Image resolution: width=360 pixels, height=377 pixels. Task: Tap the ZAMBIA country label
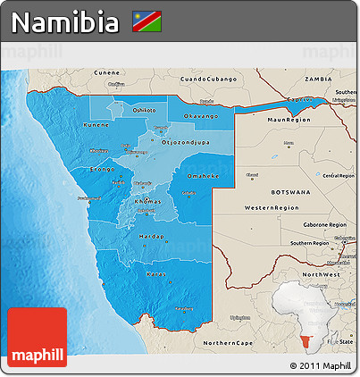(x=318, y=78)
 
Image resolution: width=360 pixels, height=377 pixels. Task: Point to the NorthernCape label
(x=229, y=342)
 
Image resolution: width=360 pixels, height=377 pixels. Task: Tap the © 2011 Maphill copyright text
(x=319, y=366)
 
